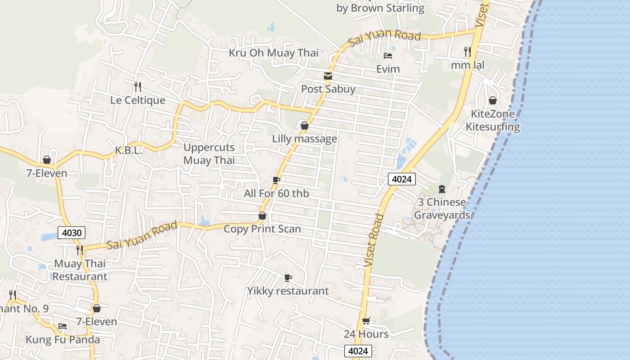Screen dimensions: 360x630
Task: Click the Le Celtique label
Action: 138,100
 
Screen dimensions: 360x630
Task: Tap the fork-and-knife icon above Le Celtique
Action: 138,86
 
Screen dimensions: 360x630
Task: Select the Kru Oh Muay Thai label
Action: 273,53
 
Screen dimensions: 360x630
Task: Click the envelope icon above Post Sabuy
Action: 328,76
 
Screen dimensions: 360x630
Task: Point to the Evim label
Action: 388,69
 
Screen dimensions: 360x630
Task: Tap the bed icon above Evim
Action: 388,56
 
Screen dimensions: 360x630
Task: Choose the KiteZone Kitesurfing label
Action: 493,120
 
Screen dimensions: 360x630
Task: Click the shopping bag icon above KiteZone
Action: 493,100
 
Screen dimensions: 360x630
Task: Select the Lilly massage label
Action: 304,139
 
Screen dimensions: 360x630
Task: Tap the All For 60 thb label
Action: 276,193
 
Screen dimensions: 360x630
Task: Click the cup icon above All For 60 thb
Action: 276,180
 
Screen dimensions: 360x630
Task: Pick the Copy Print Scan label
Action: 262,229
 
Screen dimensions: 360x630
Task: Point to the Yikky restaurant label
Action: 288,291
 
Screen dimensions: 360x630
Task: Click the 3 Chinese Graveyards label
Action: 442,208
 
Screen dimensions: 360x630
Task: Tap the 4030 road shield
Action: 72,233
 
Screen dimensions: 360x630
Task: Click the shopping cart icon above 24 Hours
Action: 366,321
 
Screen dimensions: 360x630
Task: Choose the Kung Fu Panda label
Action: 63,339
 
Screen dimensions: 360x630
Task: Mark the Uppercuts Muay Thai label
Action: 209,154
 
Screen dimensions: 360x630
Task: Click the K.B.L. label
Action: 128,151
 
